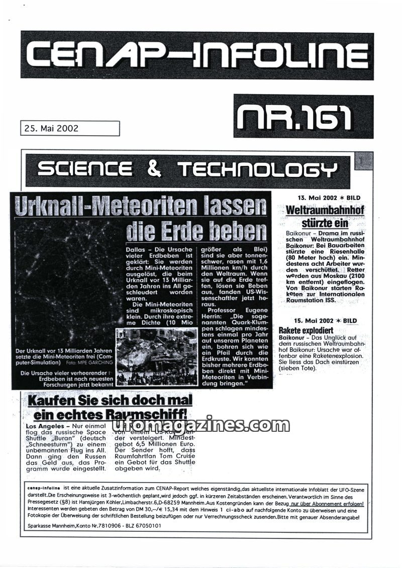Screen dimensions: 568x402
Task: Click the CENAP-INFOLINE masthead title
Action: [x=197, y=55]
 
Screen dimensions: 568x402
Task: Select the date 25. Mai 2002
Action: [x=51, y=128]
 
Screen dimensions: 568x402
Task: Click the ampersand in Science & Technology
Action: [x=154, y=169]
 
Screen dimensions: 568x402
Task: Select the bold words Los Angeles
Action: [x=44, y=426]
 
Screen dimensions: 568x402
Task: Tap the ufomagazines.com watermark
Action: [x=200, y=426]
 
